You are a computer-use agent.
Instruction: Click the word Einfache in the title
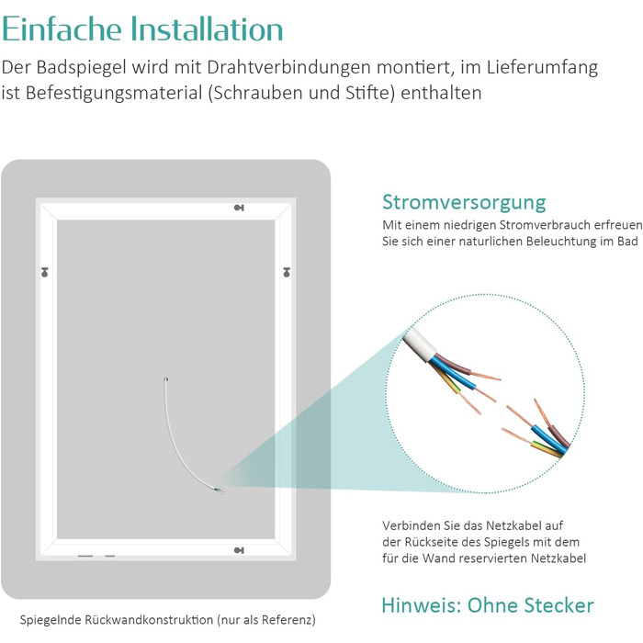pos(62,28)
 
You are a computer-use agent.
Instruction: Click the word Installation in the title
pos(207,28)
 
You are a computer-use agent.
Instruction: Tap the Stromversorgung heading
pos(464,203)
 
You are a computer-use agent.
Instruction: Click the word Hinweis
pos(421,605)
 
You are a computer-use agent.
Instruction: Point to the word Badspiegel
pos(81,68)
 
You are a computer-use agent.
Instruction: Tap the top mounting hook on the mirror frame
pos(239,208)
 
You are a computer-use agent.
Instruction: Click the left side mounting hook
pos(45,272)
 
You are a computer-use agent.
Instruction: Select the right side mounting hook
pos(287,272)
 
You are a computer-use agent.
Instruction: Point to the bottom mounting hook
pos(239,550)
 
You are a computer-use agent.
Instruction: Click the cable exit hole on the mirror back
pos(165,379)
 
